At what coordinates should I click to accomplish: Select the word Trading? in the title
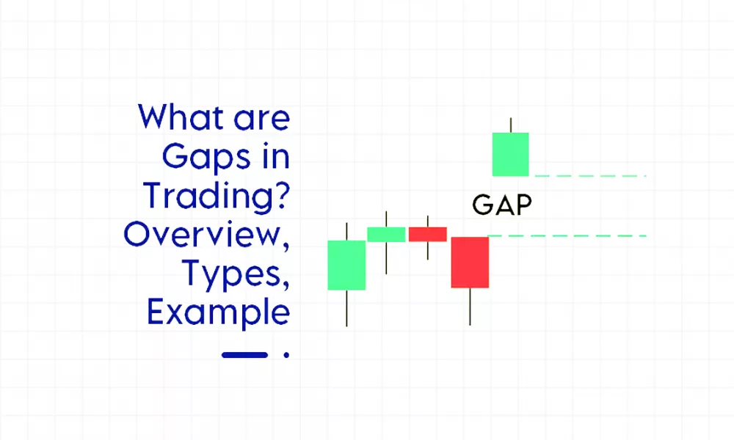click(216, 195)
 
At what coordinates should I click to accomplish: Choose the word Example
click(218, 313)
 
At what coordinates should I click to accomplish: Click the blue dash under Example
click(244, 355)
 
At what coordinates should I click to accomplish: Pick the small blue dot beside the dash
click(286, 356)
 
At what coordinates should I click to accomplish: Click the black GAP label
click(502, 206)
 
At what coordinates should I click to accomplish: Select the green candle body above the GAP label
click(510, 154)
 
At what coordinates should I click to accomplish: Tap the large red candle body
click(470, 262)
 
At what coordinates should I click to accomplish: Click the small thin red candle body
click(428, 234)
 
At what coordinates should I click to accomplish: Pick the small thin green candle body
click(386, 234)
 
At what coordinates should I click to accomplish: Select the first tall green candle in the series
click(346, 265)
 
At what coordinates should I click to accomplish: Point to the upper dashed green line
click(590, 176)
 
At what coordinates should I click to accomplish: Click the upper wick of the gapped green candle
click(510, 125)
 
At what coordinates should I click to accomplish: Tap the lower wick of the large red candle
click(470, 306)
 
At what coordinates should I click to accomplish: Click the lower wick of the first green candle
click(346, 308)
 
